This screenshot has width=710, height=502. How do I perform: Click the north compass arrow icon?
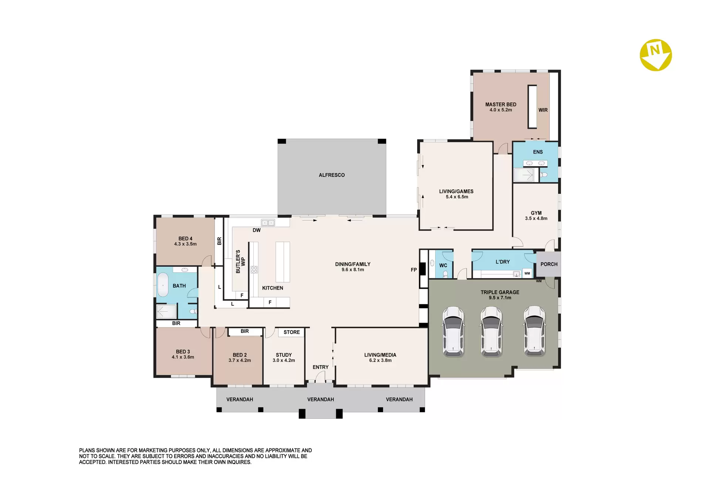tap(656, 55)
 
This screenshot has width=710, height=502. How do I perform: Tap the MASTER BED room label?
tap(501, 104)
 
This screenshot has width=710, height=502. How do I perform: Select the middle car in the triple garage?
tap(491, 331)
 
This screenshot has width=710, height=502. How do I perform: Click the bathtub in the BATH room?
tap(163, 285)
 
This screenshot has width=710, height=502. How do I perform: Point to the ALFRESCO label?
tap(332, 175)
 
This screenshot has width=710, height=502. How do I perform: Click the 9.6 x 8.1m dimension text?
tap(353, 270)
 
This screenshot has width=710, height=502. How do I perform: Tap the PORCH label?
tap(549, 264)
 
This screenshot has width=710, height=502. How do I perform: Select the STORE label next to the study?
tap(291, 332)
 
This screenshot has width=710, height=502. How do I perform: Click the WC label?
tap(443, 265)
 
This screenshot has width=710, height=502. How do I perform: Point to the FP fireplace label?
tap(414, 270)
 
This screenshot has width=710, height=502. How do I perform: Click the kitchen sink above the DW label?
tap(268, 223)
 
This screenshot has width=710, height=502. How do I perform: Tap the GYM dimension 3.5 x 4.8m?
tap(536, 218)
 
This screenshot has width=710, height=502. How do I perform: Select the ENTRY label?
tap(320, 367)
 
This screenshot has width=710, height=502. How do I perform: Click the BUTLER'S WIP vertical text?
tap(240, 262)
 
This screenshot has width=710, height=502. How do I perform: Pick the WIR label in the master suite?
tap(543, 110)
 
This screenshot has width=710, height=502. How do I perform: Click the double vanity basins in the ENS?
tap(535, 163)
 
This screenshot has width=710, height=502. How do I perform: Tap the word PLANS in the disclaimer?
tap(87, 450)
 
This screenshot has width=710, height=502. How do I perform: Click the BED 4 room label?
tap(185, 239)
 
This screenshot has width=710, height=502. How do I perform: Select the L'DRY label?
tap(503, 262)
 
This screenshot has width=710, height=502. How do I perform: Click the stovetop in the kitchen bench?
tap(254, 269)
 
